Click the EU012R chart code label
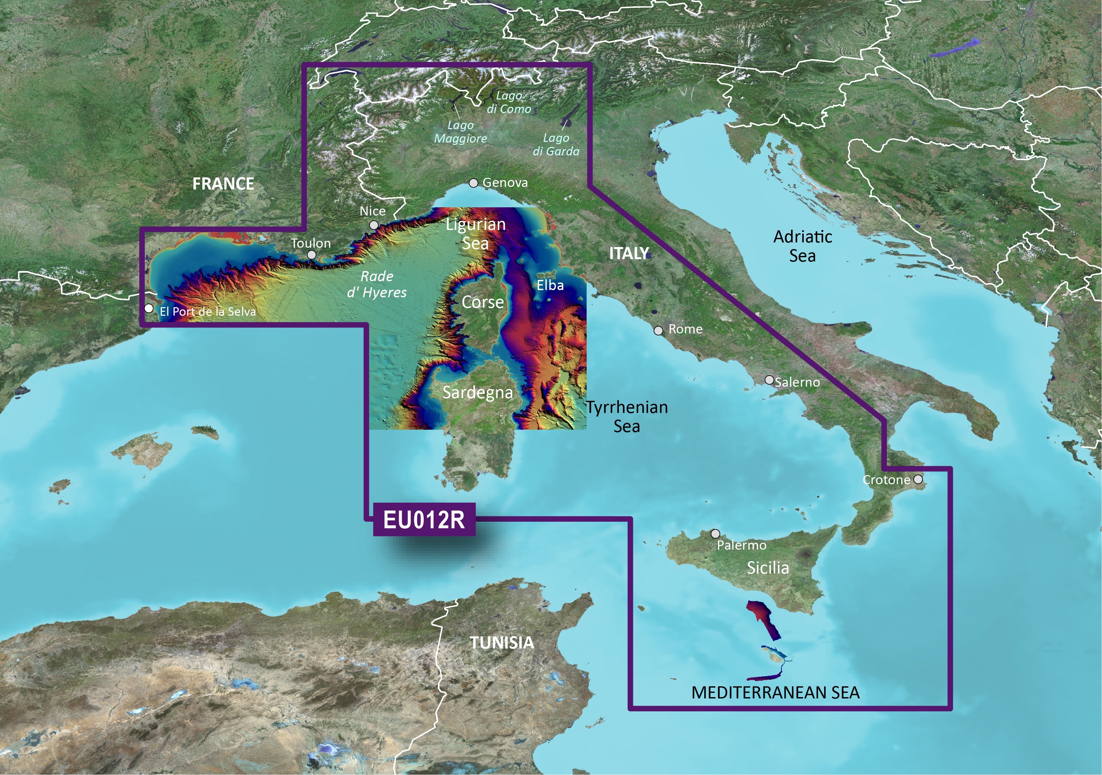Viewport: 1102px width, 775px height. (x=424, y=519)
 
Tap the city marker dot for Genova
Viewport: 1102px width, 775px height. (x=474, y=183)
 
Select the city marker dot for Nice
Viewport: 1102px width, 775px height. (x=374, y=225)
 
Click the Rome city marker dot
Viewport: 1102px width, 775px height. (x=659, y=331)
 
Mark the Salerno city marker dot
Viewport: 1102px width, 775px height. (x=769, y=380)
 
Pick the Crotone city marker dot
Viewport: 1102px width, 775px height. (x=918, y=479)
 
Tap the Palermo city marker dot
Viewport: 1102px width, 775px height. (x=715, y=534)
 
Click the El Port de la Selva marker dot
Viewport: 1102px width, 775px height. (x=149, y=308)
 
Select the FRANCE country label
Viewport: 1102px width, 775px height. (x=223, y=183)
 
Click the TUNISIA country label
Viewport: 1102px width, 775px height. (x=502, y=643)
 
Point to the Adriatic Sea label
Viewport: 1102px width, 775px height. (x=802, y=246)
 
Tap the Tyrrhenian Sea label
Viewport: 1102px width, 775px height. (x=627, y=416)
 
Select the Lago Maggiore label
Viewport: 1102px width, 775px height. (x=460, y=131)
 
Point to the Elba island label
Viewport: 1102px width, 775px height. (x=550, y=285)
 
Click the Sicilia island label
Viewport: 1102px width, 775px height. (x=768, y=568)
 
